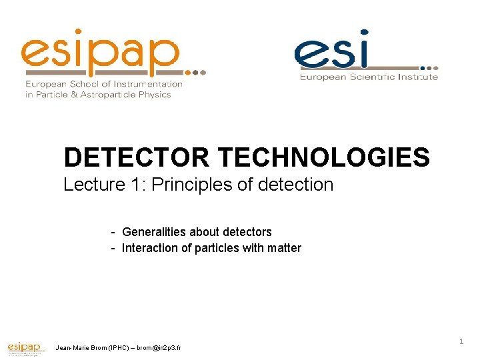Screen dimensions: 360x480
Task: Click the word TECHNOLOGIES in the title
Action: [x=324, y=157]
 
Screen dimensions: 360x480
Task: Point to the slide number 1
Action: [x=461, y=341]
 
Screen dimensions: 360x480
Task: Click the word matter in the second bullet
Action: [x=284, y=248]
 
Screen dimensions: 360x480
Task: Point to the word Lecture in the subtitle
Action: [x=89, y=185]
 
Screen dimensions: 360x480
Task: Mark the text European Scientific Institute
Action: [x=369, y=77]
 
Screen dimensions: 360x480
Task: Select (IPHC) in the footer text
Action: [x=115, y=348]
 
